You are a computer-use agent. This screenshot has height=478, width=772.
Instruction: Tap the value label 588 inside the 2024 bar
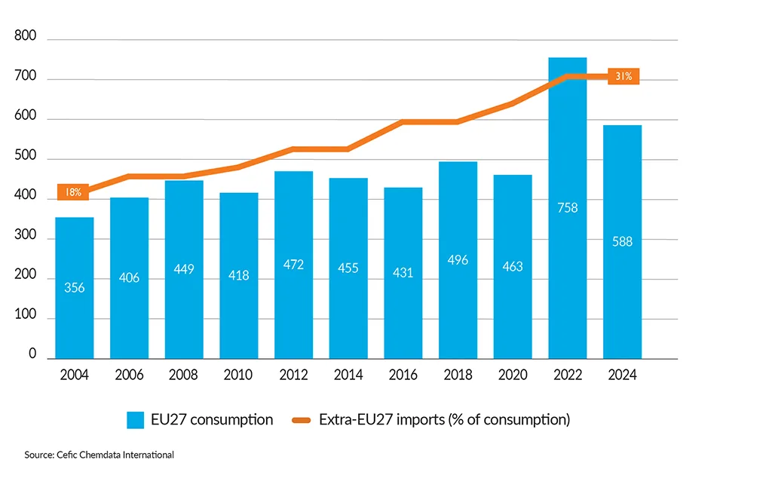622,242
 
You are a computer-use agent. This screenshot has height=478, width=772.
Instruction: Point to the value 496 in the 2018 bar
458,260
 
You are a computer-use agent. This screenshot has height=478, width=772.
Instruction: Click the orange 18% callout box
74,192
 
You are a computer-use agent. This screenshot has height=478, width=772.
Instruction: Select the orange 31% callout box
623,76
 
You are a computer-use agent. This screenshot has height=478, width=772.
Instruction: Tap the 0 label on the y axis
33,354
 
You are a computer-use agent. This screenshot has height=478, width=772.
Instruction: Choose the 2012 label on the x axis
293,375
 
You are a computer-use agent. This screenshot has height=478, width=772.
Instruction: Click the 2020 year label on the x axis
513,375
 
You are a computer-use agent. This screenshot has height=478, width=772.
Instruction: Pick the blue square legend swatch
136,420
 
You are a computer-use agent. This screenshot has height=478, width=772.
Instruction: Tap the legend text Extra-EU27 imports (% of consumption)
444,420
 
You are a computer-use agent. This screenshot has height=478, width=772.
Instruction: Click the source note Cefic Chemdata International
99,455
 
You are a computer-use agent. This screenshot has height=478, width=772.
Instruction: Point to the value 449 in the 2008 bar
184,269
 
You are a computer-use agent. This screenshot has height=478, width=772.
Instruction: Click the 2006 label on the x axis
129,375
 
